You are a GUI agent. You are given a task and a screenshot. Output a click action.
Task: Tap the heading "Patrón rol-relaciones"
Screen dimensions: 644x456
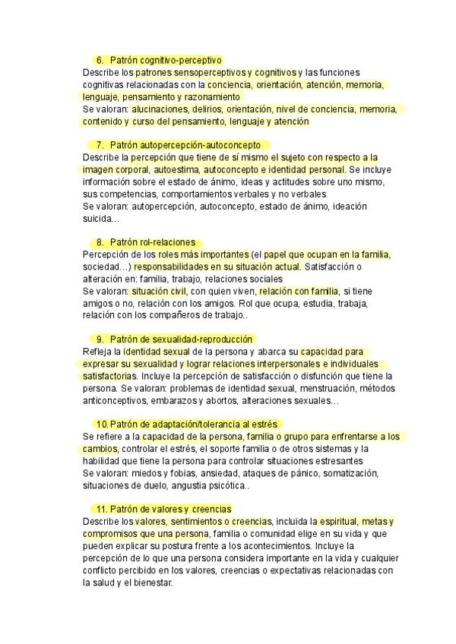152,241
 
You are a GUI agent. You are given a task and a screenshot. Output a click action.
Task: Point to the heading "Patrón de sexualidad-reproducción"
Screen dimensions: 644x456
181,339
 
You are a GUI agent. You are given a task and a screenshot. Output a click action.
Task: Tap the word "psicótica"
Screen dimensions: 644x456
225,485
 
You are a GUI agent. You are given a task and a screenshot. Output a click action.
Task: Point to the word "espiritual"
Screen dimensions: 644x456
359,522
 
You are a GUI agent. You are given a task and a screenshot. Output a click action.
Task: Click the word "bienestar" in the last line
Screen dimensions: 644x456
151,583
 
